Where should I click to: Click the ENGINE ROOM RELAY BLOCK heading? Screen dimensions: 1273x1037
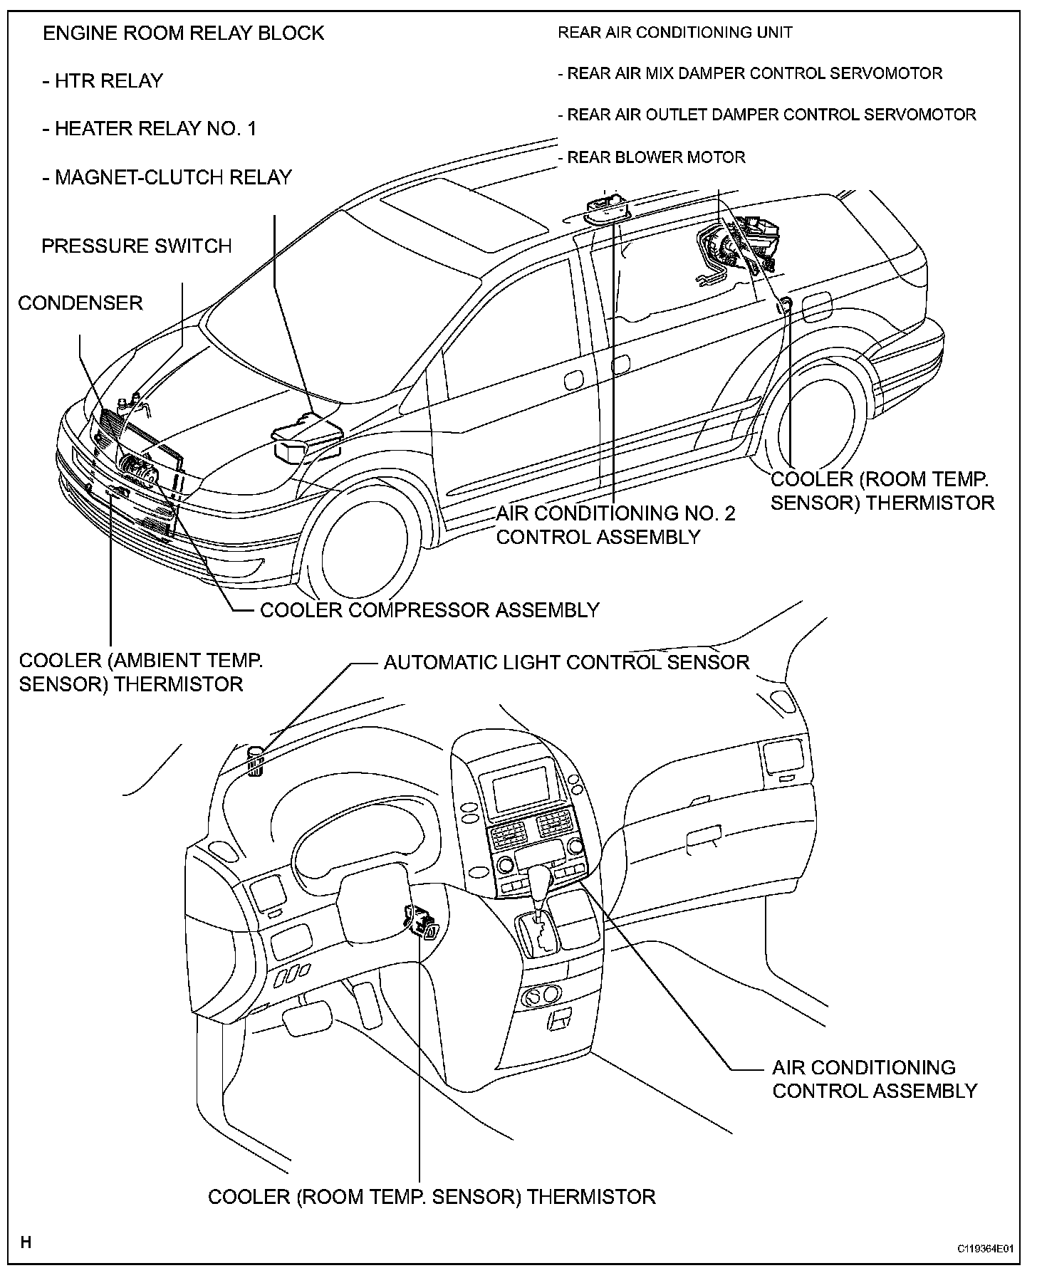point(183,33)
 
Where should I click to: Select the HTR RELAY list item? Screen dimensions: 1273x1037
point(103,81)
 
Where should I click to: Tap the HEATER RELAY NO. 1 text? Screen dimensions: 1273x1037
point(149,129)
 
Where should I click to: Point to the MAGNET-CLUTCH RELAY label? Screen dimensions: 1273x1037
point(167,177)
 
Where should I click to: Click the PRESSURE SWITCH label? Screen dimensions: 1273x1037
point(137,246)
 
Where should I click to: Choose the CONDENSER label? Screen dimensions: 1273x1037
point(80,303)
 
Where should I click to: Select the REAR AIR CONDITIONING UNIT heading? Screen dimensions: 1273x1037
point(674,33)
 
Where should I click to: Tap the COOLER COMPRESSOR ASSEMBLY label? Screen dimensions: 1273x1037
point(429,610)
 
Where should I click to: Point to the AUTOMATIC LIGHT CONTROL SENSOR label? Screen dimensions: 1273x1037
point(566,663)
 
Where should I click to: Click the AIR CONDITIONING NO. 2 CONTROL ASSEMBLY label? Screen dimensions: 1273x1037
point(615,525)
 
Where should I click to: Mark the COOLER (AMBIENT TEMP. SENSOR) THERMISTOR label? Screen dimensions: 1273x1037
point(141,672)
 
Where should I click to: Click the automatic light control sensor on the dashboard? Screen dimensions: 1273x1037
point(255,763)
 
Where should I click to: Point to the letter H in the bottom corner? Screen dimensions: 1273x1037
point(26,1242)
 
